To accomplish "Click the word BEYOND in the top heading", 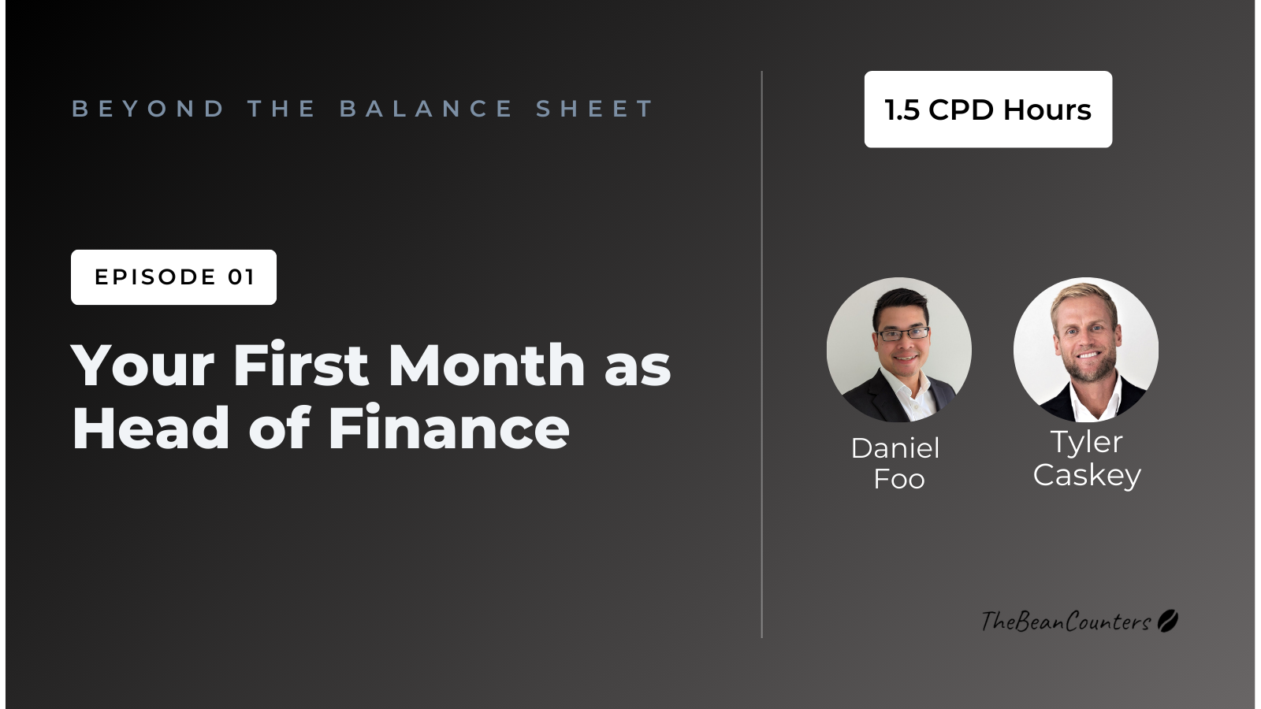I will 148,109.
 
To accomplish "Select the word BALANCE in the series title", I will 426,109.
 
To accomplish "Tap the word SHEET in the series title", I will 595,109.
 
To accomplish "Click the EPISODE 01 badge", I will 173,277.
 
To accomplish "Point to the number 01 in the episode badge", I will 241,277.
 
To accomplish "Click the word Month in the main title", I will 486,366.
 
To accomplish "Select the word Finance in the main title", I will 448,429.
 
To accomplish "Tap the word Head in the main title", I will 151,429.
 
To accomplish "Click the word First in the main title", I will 300,366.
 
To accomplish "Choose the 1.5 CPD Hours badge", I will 988,110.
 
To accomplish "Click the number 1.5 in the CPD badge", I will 902,110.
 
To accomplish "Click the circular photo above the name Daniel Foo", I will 899,350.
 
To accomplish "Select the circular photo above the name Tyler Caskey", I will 1086,350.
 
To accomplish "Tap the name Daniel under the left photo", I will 895,448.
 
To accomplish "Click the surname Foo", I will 899,479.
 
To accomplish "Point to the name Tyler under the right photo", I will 1086,443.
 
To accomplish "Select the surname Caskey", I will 1087,475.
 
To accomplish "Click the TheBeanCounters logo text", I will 1066,622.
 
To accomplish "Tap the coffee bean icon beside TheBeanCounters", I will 1167,621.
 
